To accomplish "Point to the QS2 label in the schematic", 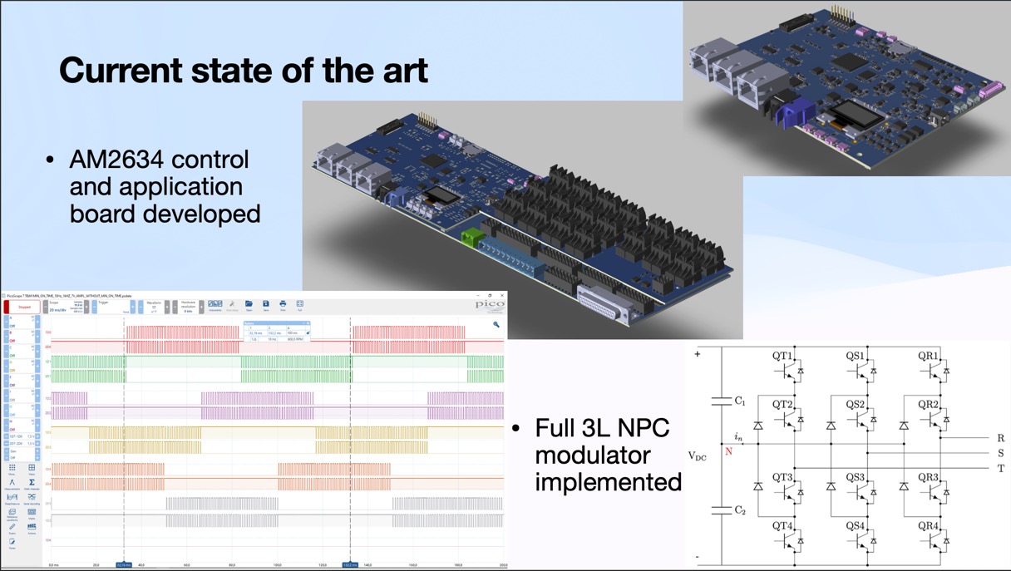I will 856,404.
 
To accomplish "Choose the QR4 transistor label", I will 928,525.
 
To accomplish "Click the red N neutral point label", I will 728,451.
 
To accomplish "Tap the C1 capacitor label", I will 739,401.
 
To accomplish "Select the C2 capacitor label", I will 739,509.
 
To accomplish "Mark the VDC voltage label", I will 698,455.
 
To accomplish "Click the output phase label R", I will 1000,438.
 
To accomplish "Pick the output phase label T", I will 1000,468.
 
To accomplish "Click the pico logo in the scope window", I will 490,304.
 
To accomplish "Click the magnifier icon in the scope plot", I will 496,325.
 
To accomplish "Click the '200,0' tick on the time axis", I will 501,565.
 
